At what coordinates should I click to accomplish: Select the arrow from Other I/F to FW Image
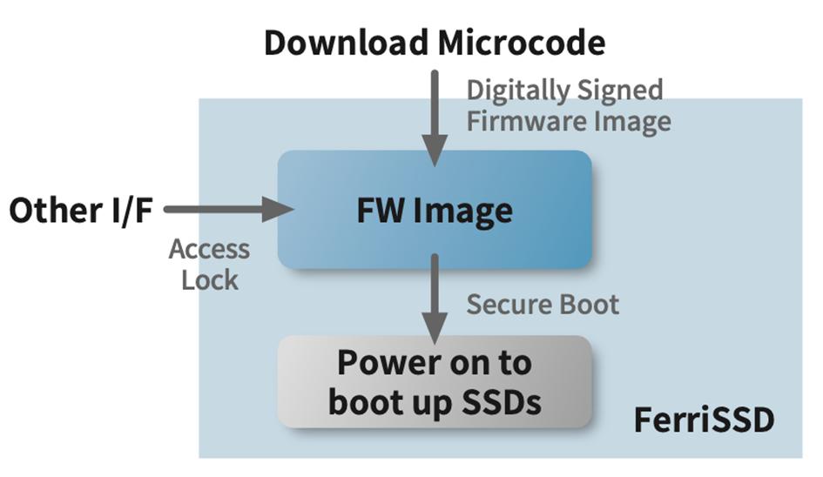[x=228, y=208]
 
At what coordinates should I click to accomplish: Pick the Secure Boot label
[x=543, y=305]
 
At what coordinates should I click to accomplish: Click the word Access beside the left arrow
[x=209, y=250]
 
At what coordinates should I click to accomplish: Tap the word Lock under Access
[x=209, y=279]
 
